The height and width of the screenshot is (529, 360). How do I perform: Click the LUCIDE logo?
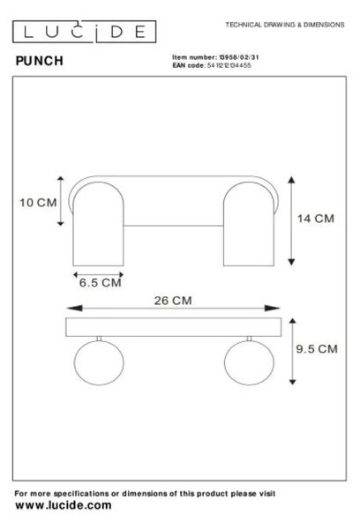(85, 32)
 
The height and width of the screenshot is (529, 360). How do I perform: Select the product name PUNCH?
(40, 61)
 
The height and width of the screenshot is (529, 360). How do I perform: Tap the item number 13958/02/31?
(239, 57)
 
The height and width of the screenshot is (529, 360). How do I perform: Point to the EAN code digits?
(229, 65)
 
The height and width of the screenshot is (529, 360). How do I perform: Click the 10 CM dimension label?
(38, 203)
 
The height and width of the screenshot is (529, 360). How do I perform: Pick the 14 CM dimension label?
(315, 219)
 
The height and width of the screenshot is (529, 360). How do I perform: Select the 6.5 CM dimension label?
(101, 283)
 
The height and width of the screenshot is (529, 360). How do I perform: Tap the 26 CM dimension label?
(173, 301)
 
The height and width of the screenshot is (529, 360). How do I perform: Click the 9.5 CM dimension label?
(317, 349)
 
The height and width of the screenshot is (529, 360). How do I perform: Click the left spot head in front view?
(98, 224)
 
